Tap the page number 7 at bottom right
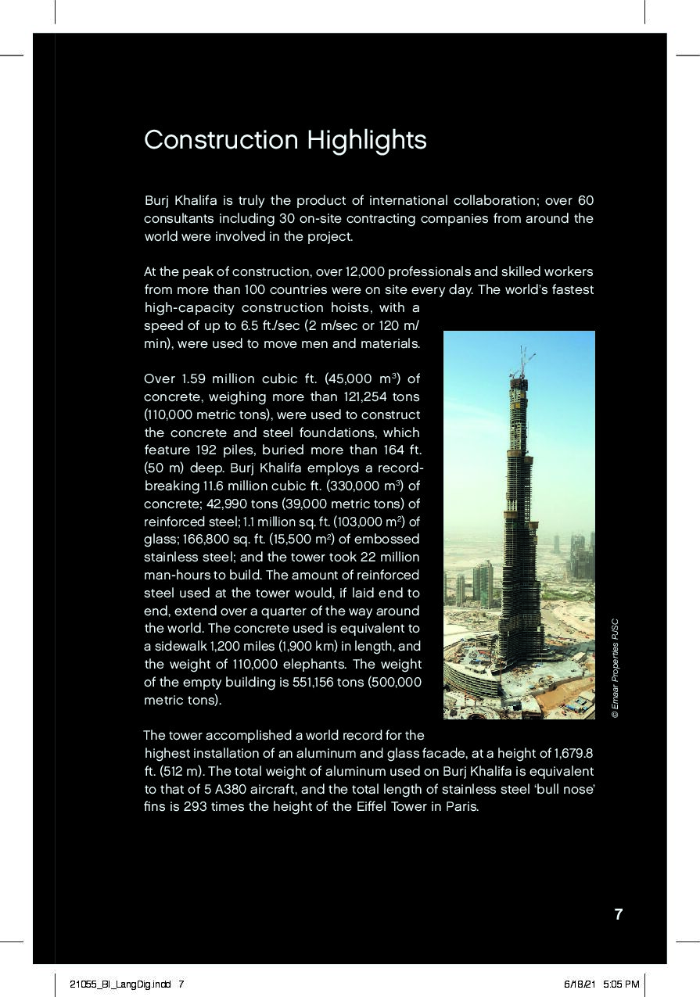[x=619, y=914]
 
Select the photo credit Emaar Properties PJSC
[x=616, y=669]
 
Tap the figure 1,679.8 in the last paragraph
[x=572, y=754]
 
